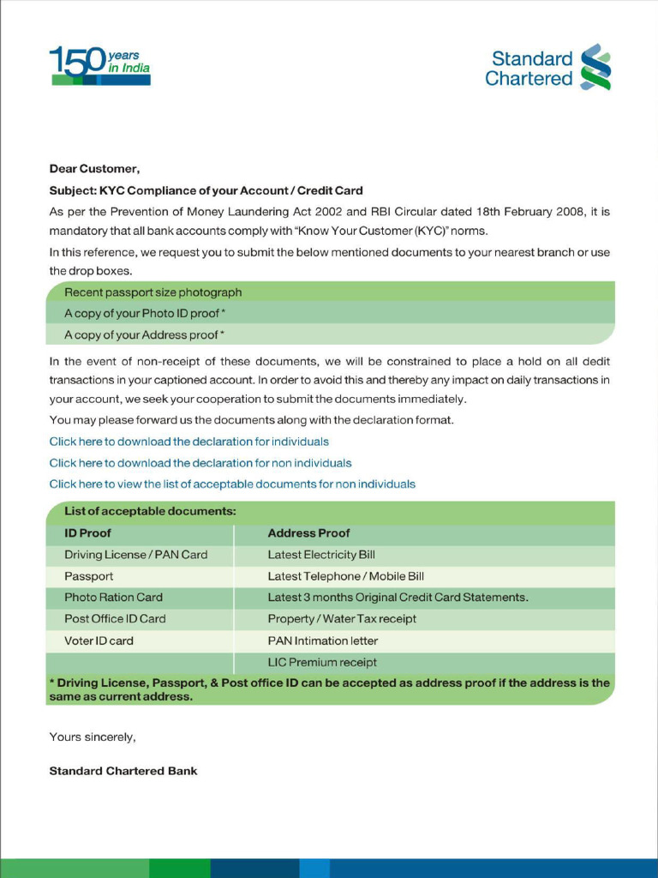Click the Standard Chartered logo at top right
tap(547, 69)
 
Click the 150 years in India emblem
tap(99, 66)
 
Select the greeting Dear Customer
tap(94, 169)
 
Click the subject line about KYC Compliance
tap(206, 190)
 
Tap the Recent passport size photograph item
tap(153, 292)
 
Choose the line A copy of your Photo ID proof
tap(144, 314)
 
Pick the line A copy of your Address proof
tap(144, 335)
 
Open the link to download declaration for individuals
tap(188, 442)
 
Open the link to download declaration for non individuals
tap(200, 463)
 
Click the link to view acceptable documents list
tap(232, 484)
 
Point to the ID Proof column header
tap(87, 533)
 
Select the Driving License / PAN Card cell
tap(135, 555)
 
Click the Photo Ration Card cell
tap(113, 598)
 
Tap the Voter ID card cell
tap(99, 640)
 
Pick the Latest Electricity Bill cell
tap(321, 555)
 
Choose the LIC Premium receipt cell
tap(322, 662)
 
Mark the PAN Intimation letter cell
tap(323, 640)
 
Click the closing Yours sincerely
tap(93, 737)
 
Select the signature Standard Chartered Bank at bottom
tap(123, 771)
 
